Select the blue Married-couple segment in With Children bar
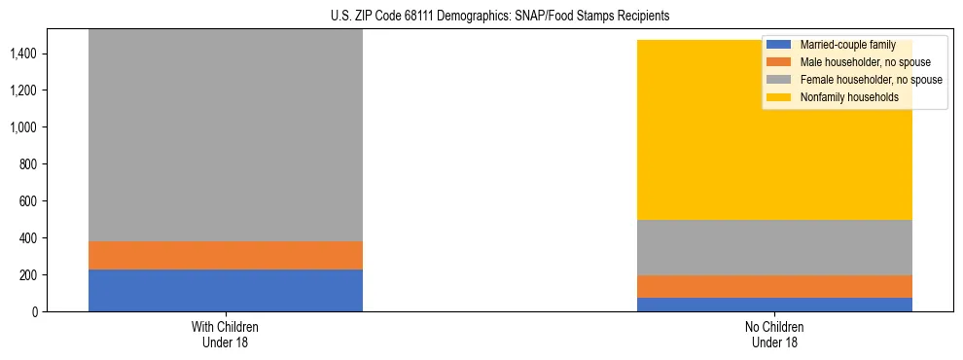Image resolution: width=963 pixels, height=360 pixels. [x=226, y=290]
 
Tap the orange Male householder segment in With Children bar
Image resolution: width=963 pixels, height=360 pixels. [x=226, y=255]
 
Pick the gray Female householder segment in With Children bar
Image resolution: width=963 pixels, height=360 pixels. [x=226, y=136]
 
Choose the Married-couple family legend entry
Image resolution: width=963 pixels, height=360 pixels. [x=847, y=45]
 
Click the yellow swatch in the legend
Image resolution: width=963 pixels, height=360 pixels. [x=779, y=97]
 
